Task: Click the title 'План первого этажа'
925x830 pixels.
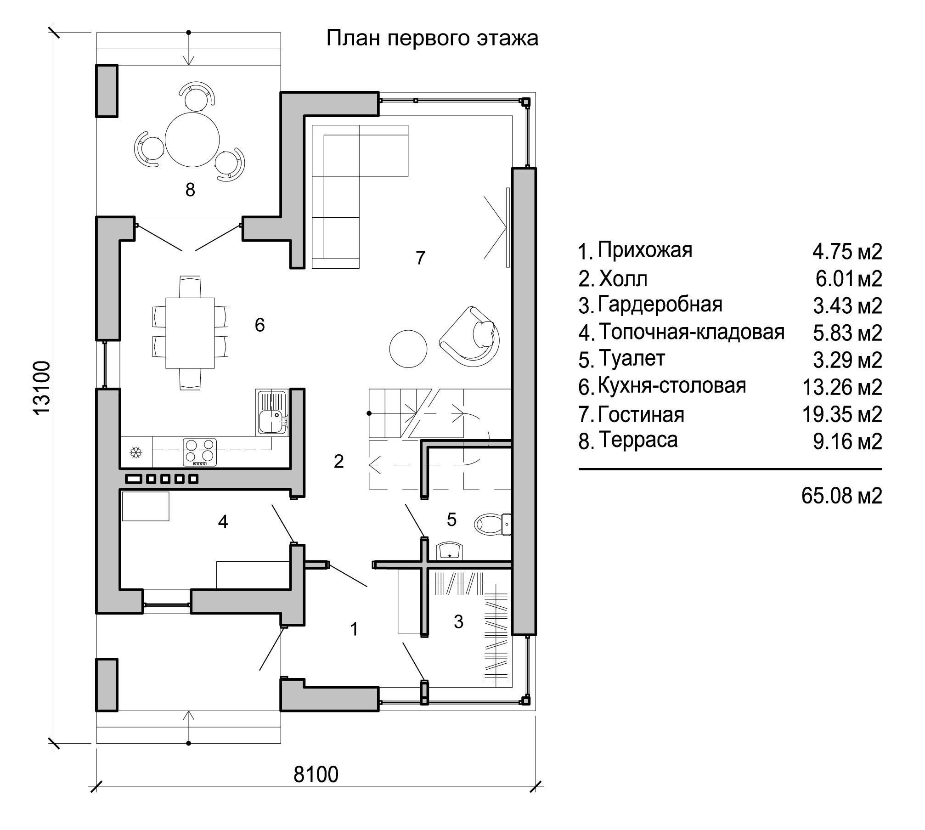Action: click(x=432, y=39)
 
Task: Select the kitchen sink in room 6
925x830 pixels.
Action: click(x=272, y=412)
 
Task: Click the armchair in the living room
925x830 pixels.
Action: click(x=470, y=334)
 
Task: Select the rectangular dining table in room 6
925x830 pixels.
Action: click(x=190, y=333)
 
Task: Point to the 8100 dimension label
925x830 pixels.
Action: click(x=316, y=775)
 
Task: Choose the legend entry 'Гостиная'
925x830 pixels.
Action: click(x=641, y=414)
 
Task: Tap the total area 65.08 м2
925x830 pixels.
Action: click(x=842, y=496)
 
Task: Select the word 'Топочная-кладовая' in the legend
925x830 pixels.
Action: click(x=691, y=332)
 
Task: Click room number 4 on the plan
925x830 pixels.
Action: click(x=223, y=522)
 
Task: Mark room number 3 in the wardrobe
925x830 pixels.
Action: click(x=458, y=621)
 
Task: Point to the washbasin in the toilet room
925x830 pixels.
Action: click(x=449, y=551)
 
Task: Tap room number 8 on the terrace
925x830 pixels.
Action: click(x=190, y=189)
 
